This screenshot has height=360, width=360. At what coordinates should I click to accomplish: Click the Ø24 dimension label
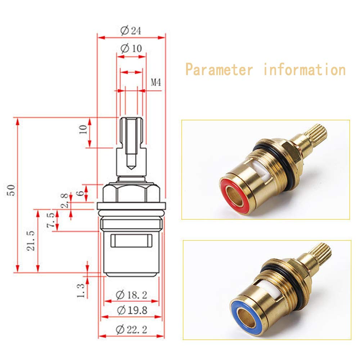pos(131,31)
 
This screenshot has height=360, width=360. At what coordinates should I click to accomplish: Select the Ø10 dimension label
pos(131,48)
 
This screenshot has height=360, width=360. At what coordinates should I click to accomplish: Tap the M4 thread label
pos(156,82)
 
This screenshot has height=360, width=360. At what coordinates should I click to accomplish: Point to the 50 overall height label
pos(11,190)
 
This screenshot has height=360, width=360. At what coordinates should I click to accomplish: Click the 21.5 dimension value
pos(31,241)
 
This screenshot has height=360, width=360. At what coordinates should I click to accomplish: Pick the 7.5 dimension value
pos(51,220)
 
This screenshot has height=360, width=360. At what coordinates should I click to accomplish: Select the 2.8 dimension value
pos(64,201)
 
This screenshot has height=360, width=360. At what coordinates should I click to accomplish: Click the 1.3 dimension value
pos(81,291)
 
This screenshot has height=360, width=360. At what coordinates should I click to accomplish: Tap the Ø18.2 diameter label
pos(131,295)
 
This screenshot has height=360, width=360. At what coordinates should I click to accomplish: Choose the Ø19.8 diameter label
pos(132,310)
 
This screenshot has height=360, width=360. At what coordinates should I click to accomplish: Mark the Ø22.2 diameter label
pos(131,330)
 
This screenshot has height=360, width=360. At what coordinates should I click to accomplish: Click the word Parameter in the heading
pos(219,70)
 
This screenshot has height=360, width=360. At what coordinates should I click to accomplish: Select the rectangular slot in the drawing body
pos(131,240)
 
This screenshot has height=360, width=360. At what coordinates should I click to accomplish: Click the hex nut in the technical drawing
pos(131,193)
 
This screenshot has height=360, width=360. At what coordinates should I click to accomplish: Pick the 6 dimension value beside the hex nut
pos(80,193)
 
